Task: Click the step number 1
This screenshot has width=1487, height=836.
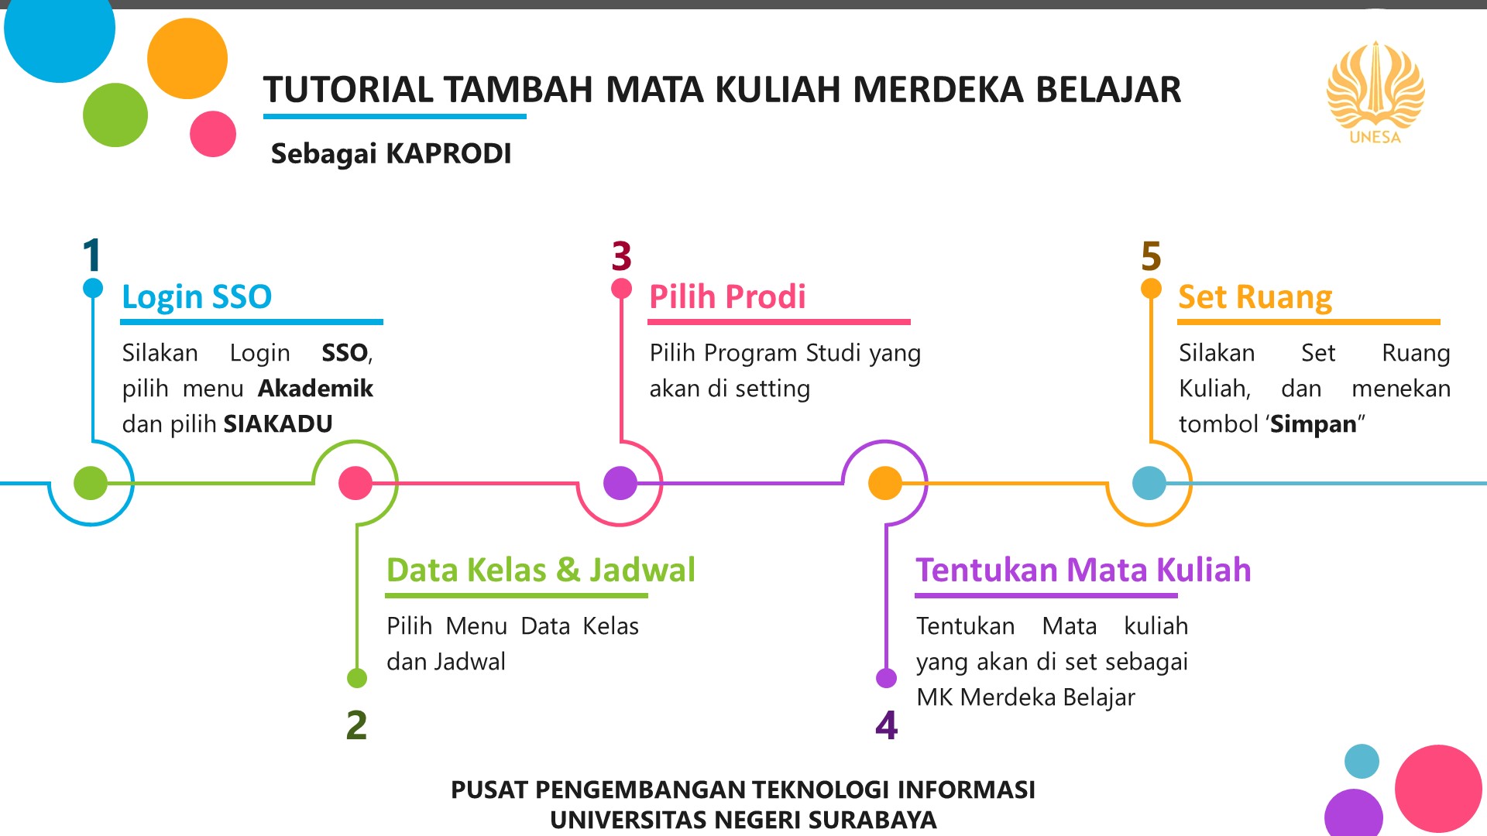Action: tap(92, 255)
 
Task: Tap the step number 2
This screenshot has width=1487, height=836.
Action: tap(356, 725)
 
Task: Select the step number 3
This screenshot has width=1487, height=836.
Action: tap(621, 256)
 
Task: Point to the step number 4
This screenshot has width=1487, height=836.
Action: tap(887, 725)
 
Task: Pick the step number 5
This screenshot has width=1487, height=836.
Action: tap(1152, 256)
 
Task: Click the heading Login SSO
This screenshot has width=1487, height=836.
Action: tap(197, 297)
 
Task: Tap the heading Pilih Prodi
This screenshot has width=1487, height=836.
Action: tap(727, 296)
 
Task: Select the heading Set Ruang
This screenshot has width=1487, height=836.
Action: tap(1255, 298)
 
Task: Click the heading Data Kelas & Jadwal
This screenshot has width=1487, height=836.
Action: tap(541, 570)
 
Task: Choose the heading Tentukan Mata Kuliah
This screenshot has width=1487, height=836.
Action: tap(1083, 570)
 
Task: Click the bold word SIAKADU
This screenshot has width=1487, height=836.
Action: tap(278, 423)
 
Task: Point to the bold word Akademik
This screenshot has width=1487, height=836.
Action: tap(315, 388)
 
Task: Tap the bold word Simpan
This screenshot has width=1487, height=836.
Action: tap(1314, 424)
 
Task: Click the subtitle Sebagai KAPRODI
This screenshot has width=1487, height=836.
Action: tap(391, 153)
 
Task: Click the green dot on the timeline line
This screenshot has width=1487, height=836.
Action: tap(91, 483)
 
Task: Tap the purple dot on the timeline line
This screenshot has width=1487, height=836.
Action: tap(620, 483)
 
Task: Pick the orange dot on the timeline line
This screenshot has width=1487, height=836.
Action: tap(885, 483)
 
